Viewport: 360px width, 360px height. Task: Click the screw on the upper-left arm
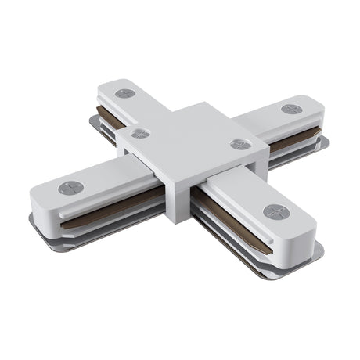(125, 93)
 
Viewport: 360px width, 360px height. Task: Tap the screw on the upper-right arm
(292, 108)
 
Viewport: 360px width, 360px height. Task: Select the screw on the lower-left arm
(70, 188)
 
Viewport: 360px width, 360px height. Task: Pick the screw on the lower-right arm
(275, 211)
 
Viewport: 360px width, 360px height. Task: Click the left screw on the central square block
(141, 133)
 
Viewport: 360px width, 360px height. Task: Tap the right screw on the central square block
(241, 144)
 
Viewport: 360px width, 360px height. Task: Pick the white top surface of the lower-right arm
(250, 200)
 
